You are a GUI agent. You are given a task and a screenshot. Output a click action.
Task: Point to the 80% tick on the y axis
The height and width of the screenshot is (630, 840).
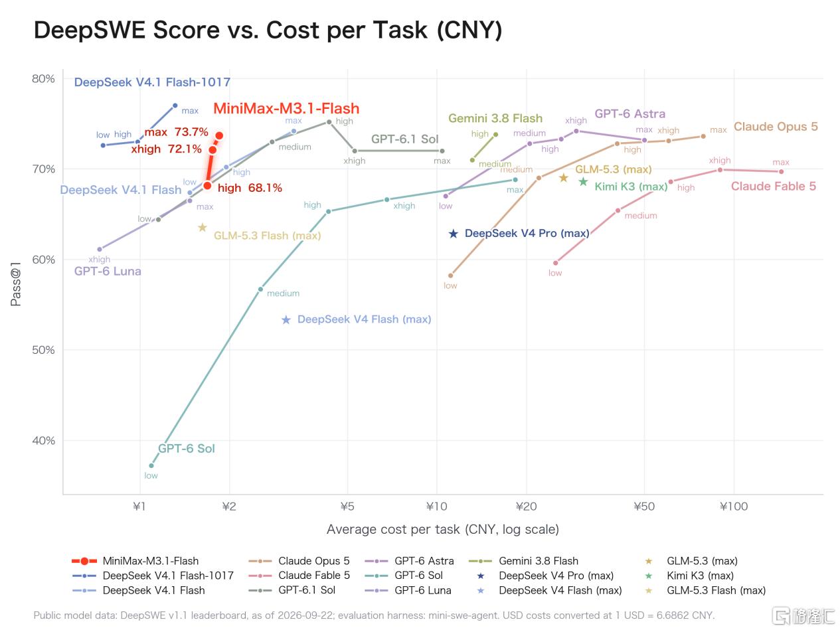click(x=43, y=79)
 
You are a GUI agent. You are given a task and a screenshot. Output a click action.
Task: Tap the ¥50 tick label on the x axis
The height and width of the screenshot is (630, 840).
click(x=644, y=507)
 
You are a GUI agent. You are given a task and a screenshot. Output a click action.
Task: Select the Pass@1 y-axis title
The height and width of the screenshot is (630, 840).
click(x=16, y=284)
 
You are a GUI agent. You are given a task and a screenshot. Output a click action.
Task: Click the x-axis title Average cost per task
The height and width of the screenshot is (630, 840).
click(x=443, y=529)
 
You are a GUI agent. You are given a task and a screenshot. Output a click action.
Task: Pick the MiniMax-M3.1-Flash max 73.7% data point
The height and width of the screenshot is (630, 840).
click(x=219, y=135)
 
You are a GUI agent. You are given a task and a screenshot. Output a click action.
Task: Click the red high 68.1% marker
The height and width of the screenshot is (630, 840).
click(x=207, y=185)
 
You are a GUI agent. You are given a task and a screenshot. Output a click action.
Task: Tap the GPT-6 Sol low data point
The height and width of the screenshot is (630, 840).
click(x=151, y=465)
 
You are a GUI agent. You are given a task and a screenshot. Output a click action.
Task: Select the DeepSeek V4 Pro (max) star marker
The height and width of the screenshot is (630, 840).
click(x=453, y=233)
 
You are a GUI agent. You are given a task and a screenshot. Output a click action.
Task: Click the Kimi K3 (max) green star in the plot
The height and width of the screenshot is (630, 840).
click(x=583, y=182)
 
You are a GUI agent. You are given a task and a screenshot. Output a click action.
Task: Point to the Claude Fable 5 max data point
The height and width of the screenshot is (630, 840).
click(x=781, y=171)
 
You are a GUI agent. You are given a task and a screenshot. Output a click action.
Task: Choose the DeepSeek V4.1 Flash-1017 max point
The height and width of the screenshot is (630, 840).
click(x=175, y=106)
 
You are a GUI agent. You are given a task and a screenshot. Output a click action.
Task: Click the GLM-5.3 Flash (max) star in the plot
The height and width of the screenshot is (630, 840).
click(x=203, y=228)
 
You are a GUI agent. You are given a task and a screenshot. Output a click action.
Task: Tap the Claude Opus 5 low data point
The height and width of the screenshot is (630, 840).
click(x=450, y=276)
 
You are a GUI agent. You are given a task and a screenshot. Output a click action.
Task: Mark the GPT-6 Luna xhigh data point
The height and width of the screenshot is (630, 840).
click(x=100, y=250)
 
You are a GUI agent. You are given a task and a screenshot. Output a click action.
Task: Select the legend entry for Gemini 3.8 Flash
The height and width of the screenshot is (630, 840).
click(x=523, y=561)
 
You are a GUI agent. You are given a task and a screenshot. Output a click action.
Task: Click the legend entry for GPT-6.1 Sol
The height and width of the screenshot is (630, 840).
click(x=292, y=590)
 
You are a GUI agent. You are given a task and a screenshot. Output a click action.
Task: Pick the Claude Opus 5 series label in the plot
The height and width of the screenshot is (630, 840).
click(x=776, y=127)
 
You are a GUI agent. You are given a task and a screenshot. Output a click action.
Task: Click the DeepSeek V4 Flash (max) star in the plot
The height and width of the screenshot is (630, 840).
click(x=286, y=320)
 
